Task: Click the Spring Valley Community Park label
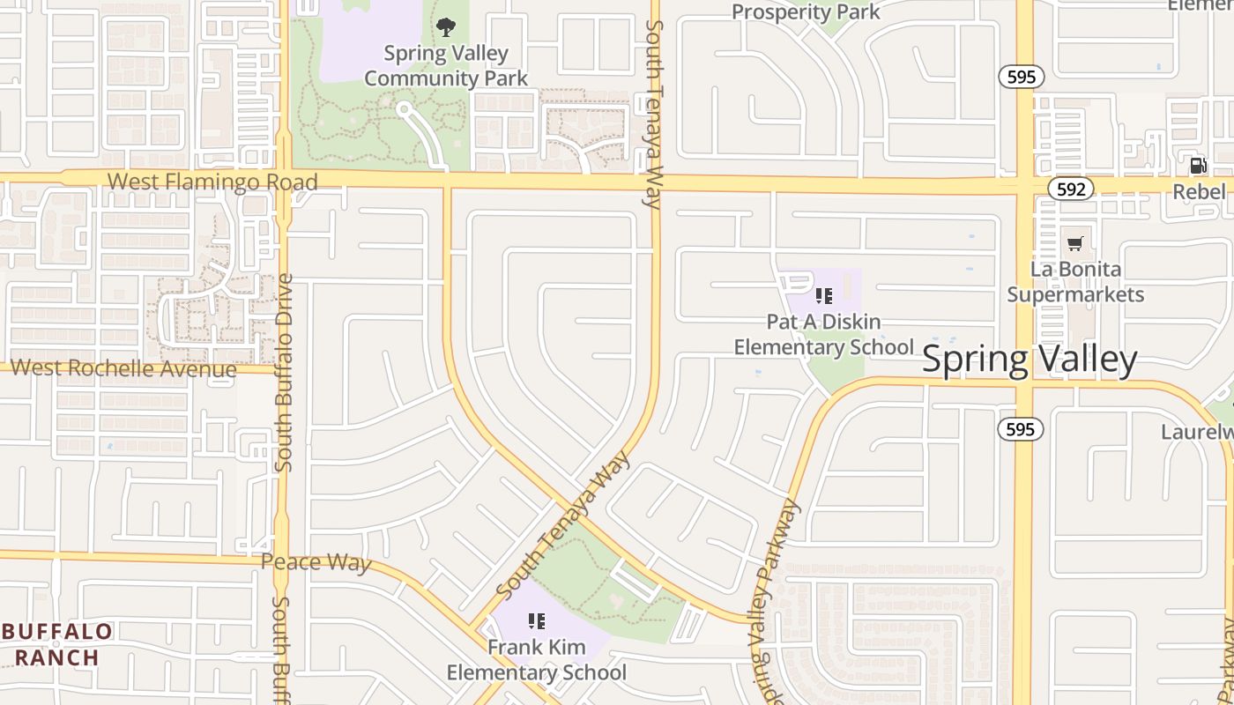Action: coord(446,66)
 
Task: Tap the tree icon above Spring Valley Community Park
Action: coord(446,27)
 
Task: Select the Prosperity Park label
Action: coord(806,12)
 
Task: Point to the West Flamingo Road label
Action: coord(212,182)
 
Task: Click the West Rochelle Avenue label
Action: coord(124,368)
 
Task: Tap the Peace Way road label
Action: coord(316,562)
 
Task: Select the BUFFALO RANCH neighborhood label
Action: coord(56,644)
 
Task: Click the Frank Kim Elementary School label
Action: coord(536,661)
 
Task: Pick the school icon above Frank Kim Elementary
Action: coord(536,622)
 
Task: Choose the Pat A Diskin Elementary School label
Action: coord(824,335)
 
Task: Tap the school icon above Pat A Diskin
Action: coord(824,296)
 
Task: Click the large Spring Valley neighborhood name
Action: coord(1030,360)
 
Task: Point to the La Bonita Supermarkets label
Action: coord(1075,282)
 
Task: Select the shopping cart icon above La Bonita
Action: coord(1074,243)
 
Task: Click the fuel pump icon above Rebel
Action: coord(1198,165)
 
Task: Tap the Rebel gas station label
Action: coord(1200,191)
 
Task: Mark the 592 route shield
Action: coord(1071,189)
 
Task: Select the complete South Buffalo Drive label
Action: coord(283,372)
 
